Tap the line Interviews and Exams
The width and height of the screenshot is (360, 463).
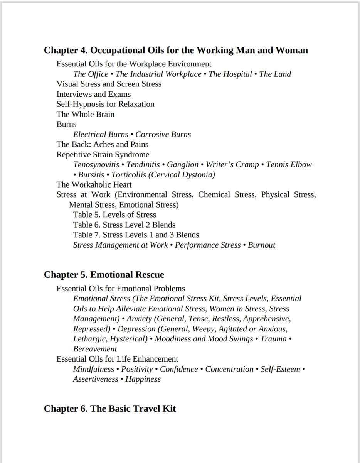pos(94,94)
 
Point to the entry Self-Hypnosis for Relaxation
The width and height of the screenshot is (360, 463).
pos(105,104)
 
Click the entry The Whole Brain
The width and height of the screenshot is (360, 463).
pos(85,114)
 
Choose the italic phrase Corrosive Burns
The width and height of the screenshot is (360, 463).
pos(163,134)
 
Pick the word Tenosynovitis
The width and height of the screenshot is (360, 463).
pos(96,164)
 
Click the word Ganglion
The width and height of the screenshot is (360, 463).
pos(183,164)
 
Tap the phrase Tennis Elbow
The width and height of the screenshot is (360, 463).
pos(289,164)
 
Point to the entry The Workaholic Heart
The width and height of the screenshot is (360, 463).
pos(94,184)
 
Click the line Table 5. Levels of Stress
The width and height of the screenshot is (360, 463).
pos(114,215)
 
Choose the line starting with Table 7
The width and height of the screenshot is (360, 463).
pos(136,235)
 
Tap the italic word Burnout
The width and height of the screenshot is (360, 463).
pos(261,245)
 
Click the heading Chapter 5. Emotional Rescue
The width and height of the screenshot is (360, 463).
pos(104,275)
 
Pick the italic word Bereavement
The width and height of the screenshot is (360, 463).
pos(95,349)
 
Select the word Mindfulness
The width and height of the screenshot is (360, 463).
pos(94,369)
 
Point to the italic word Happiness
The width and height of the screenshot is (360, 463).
pos(143,379)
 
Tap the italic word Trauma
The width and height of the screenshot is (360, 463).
pos(273,339)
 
